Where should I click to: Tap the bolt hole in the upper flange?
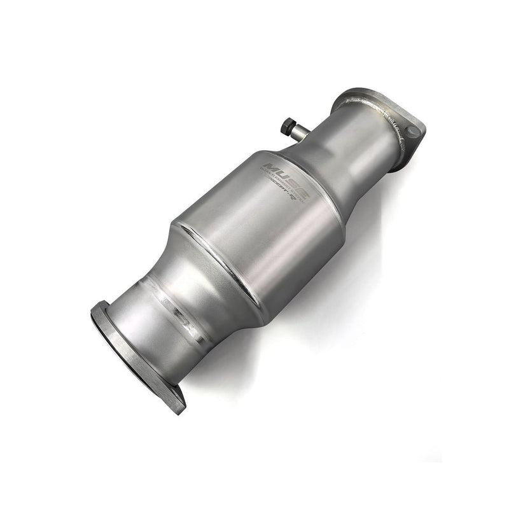coord(414,132)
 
